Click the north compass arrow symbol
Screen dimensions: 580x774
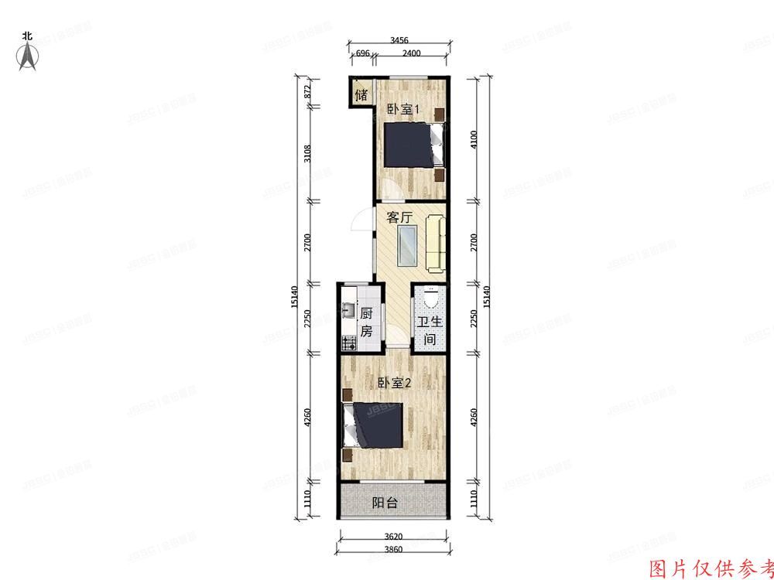point(29,56)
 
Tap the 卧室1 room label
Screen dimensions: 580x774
point(402,110)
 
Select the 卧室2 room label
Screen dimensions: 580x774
point(394,383)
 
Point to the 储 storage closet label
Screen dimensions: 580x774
point(361,96)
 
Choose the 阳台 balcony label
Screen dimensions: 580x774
point(385,503)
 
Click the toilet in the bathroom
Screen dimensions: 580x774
point(430,297)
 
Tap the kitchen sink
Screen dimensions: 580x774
point(348,312)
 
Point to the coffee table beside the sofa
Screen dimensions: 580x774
point(407,244)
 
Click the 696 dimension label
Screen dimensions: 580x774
point(361,53)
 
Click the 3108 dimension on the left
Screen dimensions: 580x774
point(307,154)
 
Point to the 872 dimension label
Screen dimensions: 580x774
point(307,90)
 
